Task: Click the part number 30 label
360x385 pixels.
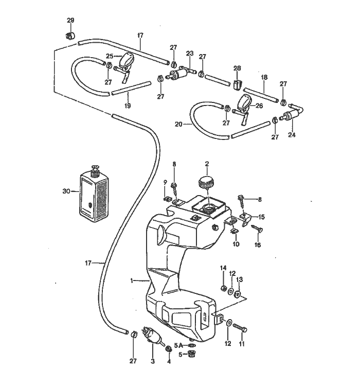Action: (x=66, y=191)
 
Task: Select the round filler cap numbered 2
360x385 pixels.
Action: (x=207, y=183)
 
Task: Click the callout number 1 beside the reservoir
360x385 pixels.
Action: (x=132, y=281)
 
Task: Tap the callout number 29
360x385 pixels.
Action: (x=71, y=20)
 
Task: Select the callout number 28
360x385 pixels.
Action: (x=237, y=68)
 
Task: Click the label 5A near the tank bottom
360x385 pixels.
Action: (x=178, y=345)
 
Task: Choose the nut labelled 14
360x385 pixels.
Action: (x=223, y=287)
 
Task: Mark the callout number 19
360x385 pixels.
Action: (x=128, y=106)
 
